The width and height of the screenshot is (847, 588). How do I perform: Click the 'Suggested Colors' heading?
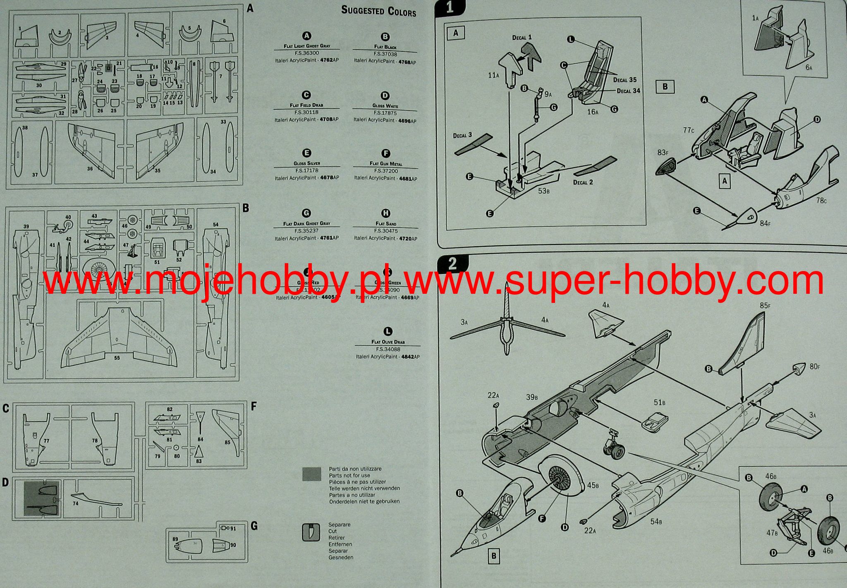click(x=378, y=11)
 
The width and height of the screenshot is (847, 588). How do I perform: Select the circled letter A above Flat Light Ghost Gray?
click(x=307, y=36)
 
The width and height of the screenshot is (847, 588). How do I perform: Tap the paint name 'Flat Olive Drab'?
click(x=388, y=342)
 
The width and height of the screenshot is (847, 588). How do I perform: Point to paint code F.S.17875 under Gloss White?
click(x=385, y=113)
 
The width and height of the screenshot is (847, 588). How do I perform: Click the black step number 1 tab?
click(x=450, y=8)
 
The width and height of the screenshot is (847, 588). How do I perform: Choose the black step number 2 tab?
click(x=452, y=264)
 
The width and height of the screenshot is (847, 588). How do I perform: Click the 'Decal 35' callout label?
click(x=624, y=80)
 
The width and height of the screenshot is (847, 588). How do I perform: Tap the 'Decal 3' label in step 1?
click(x=462, y=135)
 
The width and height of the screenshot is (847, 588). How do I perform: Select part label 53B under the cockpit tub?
click(x=543, y=191)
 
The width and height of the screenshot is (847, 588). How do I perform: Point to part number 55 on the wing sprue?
click(x=117, y=358)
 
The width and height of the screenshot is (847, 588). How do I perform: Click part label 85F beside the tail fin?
click(x=765, y=306)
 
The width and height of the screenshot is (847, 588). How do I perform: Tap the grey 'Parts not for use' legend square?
click(x=311, y=474)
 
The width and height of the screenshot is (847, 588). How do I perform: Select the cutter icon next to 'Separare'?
click(x=311, y=532)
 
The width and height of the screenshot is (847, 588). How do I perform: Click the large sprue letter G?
click(x=254, y=526)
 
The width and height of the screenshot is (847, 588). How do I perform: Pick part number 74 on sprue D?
click(x=75, y=504)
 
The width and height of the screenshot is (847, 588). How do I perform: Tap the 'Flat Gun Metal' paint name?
click(x=385, y=163)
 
